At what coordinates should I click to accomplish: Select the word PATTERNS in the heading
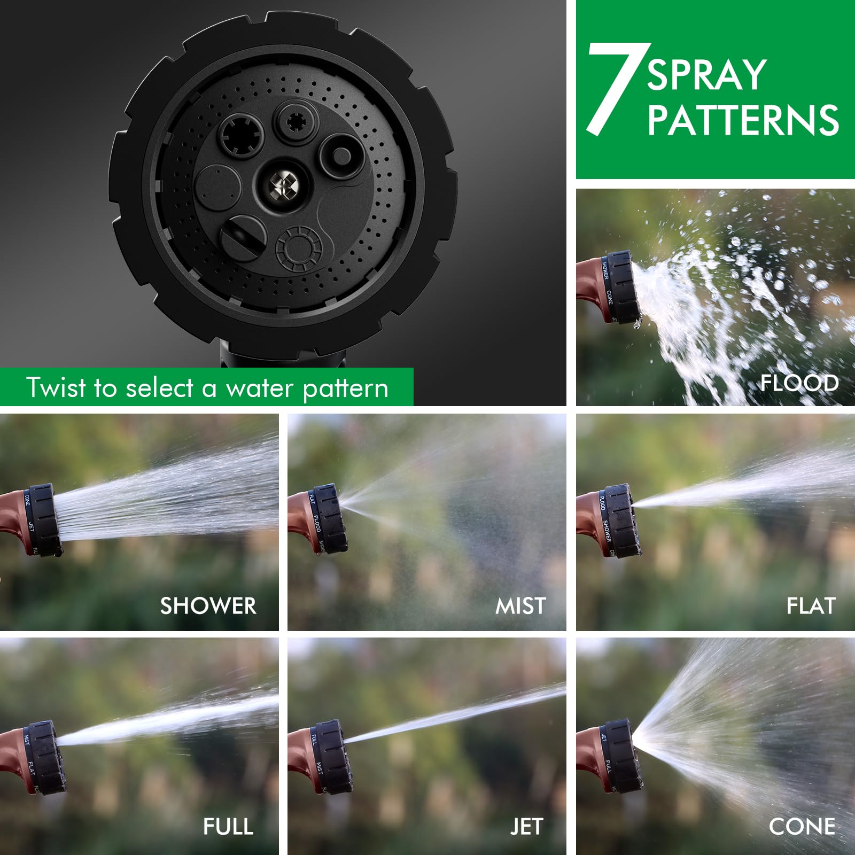[743, 120]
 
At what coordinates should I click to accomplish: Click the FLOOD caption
[799, 383]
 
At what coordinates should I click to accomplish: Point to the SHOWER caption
[208, 605]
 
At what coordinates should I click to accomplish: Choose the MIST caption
[520, 606]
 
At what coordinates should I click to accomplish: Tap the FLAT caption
[811, 606]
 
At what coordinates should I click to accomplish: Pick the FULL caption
[228, 827]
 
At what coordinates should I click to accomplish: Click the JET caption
[526, 827]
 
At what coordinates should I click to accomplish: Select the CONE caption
[802, 827]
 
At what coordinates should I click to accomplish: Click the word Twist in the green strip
[56, 387]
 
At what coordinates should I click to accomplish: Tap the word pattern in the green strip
[345, 388]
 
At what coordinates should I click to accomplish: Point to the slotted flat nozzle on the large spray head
[243, 238]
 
